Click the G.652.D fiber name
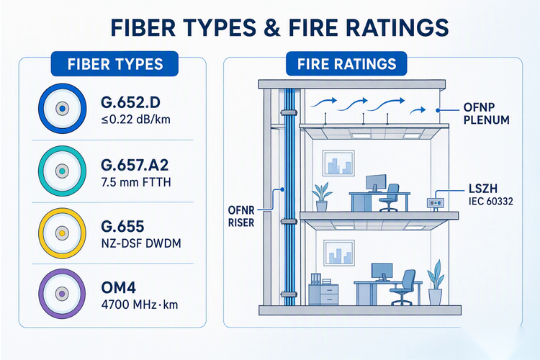(x=130, y=102)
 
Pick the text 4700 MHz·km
(x=140, y=305)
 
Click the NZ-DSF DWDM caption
(x=141, y=243)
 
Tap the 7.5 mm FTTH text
(x=136, y=182)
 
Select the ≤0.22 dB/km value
(x=135, y=120)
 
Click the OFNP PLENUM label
(x=486, y=113)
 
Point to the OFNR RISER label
(x=241, y=216)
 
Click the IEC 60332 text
(x=491, y=201)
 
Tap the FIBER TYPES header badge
(x=114, y=64)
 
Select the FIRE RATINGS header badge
(x=346, y=64)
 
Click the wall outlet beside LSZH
(x=436, y=203)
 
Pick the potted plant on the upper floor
(x=322, y=197)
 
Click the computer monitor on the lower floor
(x=382, y=272)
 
